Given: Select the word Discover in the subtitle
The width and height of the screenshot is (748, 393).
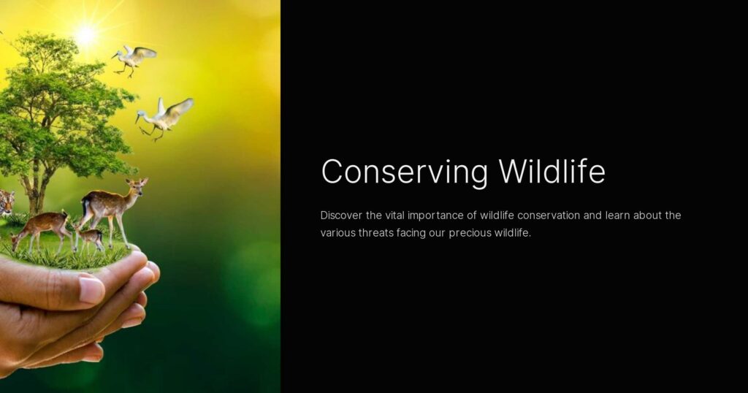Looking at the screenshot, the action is pos(341,215).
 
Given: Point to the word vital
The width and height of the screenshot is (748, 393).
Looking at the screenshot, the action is pos(394,215).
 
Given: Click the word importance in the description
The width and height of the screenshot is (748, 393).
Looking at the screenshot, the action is pos(435,215).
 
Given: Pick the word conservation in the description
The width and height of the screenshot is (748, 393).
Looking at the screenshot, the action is pos(549,215).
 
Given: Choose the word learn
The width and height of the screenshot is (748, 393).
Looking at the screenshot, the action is pos(617,215).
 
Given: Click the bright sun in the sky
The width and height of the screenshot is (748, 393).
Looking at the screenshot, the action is pos(86,34).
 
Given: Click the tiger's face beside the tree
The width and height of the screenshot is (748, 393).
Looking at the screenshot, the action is pos(6,202).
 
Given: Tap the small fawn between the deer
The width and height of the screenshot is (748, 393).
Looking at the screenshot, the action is pos(90,238).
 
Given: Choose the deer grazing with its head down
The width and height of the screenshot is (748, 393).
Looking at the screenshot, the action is pos(41,231).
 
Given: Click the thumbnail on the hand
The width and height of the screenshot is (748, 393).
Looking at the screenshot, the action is pos(91,289).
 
